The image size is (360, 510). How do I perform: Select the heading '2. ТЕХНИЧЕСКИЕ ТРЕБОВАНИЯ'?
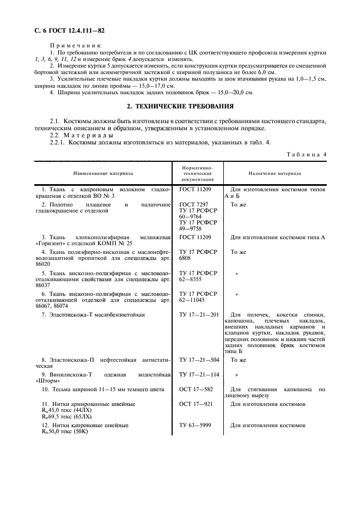(x=180, y=106)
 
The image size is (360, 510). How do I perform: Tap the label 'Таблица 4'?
(x=307, y=154)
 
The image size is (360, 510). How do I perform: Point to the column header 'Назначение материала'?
(x=275, y=173)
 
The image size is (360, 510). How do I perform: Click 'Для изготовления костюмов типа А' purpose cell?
(x=278, y=237)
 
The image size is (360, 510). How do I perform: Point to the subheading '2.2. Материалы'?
(x=82, y=135)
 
